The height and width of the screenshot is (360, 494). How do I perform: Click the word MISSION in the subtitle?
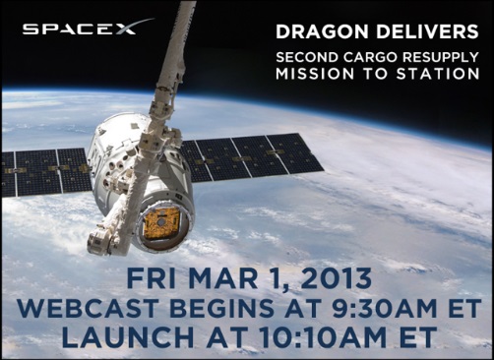click(x=315, y=74)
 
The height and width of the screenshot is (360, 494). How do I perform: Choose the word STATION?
click(x=438, y=74)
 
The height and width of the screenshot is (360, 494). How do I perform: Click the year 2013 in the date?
click(x=336, y=278)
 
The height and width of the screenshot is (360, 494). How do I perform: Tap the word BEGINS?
click(x=219, y=308)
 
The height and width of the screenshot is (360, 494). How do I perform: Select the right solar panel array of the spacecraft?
click(x=251, y=157)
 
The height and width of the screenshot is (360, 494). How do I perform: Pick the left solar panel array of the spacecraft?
click(x=46, y=171)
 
